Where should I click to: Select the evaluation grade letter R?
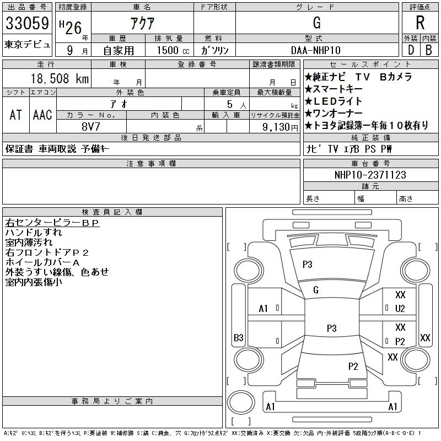click(420, 23)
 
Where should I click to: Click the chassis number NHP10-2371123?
click(370, 175)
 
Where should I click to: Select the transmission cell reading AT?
click(15, 115)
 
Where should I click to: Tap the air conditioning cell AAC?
click(42, 115)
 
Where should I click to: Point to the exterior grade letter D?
click(410, 50)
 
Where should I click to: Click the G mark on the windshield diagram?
click(316, 290)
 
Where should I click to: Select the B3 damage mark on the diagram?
click(239, 337)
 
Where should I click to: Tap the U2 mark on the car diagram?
click(400, 308)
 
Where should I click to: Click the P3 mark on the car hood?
click(307, 265)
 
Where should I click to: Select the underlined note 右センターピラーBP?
click(52, 223)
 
